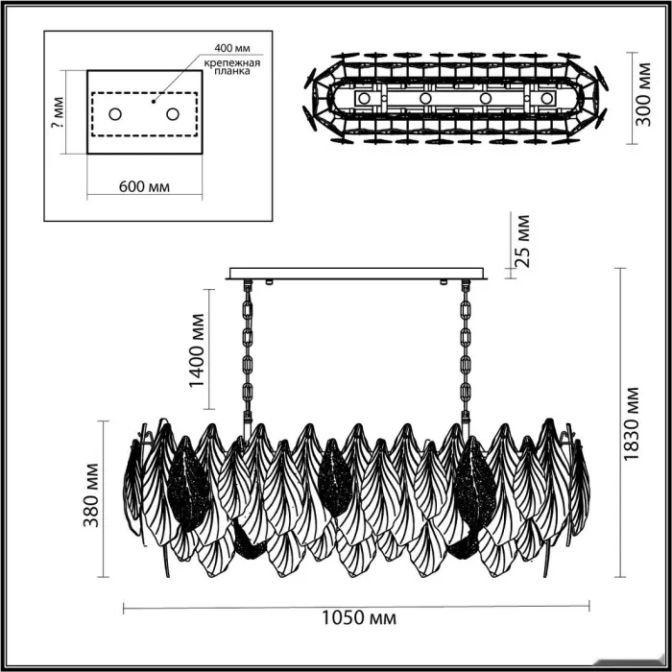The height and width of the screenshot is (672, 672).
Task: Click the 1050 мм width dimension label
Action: pos(359,618)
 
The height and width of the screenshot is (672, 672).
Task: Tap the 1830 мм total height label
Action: pos(631,424)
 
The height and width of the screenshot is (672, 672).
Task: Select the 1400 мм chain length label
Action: pos(198,350)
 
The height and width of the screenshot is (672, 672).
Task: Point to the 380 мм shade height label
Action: pos(91,495)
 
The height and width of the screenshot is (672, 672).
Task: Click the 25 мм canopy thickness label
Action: pos(521,241)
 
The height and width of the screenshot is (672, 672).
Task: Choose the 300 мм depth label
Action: pos(642,95)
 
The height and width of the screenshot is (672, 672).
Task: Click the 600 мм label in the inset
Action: pos(144,187)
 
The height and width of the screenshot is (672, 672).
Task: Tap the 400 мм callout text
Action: pos(232,48)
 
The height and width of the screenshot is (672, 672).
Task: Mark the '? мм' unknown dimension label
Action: pos(57,112)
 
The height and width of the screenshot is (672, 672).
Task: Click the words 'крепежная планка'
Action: pos(232,67)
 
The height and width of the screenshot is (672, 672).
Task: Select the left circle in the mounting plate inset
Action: pos(115,114)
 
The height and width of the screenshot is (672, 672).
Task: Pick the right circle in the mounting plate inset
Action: pos(173,114)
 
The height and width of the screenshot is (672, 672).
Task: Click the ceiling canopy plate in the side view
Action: pos(356,274)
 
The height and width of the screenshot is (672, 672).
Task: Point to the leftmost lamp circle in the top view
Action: pos(364,98)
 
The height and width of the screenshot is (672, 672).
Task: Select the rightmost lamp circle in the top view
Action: pos(546,98)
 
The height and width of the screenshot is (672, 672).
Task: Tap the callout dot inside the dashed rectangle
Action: pos(154,102)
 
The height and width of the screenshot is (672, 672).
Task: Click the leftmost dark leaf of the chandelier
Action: pos(189,484)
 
